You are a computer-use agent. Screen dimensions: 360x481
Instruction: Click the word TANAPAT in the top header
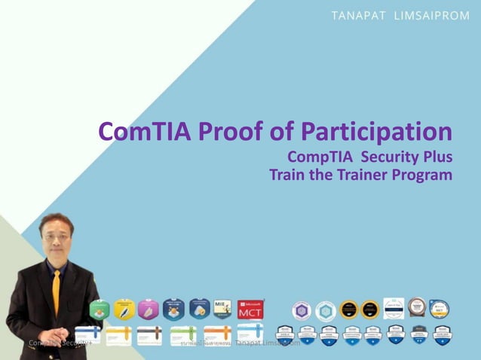[358, 16]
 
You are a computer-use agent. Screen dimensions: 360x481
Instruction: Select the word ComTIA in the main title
[145, 132]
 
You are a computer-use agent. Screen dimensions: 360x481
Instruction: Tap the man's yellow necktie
[56, 289]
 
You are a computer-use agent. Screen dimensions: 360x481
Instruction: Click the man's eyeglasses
[54, 236]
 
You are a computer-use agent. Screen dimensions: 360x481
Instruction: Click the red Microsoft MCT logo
[250, 309]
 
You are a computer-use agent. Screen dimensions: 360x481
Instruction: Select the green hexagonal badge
[100, 309]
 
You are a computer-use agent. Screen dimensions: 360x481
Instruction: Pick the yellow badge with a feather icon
[124, 309]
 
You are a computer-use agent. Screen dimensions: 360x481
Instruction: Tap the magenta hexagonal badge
[149, 309]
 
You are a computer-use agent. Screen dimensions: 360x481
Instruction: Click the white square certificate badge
[394, 308]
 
